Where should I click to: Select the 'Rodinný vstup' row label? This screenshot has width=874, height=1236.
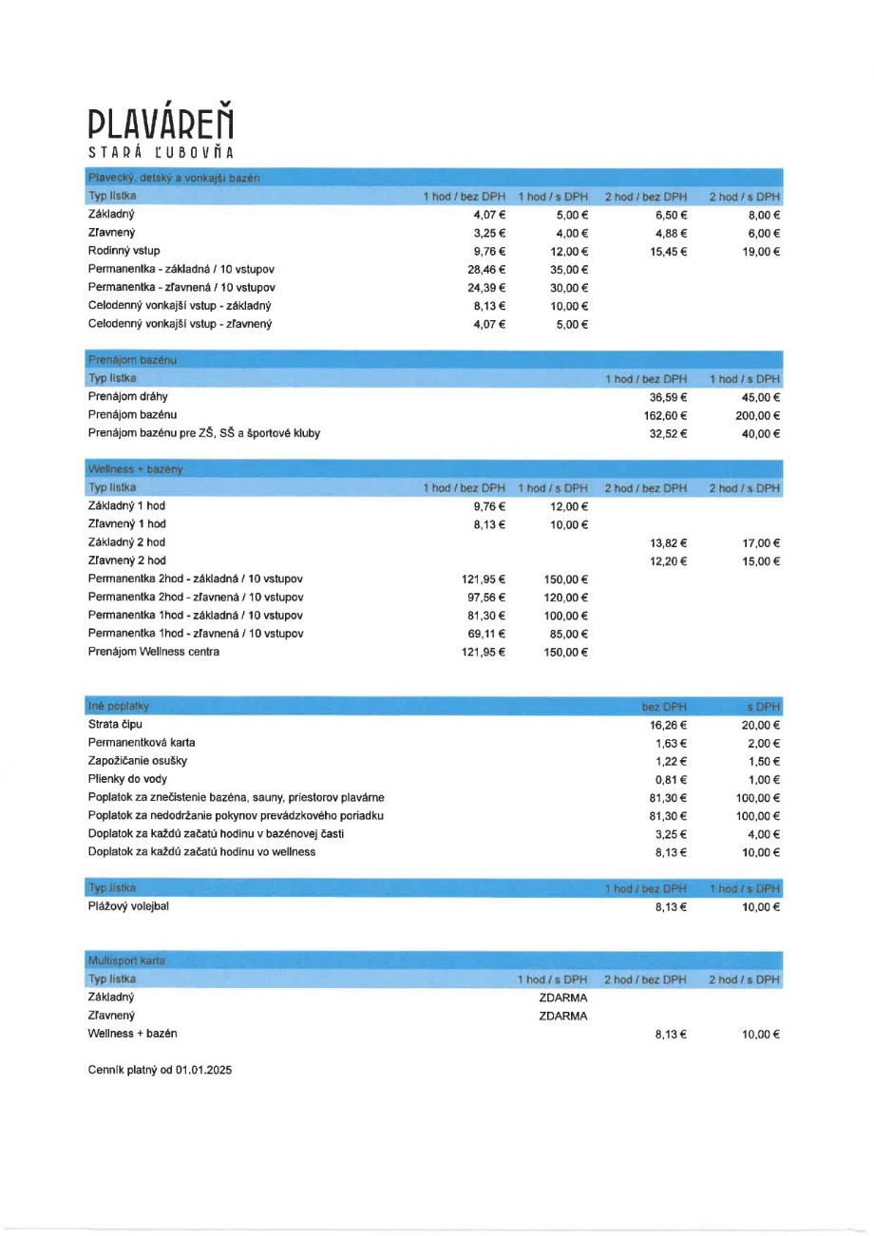(x=124, y=251)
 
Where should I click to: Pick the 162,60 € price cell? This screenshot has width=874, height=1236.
(x=665, y=415)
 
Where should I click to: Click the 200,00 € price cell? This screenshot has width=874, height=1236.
(x=757, y=415)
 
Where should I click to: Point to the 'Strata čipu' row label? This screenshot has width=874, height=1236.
(x=115, y=725)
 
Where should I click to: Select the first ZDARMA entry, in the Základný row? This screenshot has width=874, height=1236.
(x=562, y=998)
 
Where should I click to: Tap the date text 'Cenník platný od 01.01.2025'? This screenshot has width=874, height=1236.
(x=160, y=1070)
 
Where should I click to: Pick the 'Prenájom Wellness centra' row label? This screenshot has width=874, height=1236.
(x=154, y=652)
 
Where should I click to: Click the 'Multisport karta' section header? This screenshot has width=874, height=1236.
(x=126, y=960)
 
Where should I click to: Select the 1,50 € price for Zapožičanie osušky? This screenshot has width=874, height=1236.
(x=763, y=762)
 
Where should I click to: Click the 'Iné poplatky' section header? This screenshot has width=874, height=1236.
(x=119, y=707)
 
